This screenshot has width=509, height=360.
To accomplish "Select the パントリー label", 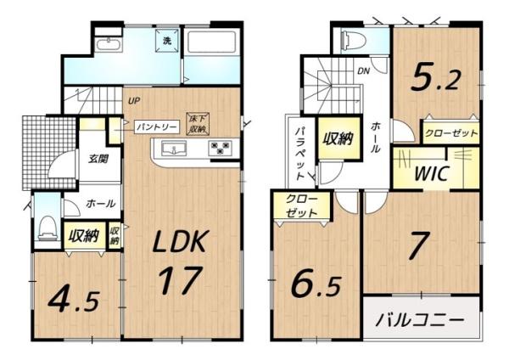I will (157, 127).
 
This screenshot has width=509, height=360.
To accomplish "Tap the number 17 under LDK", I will (179, 278).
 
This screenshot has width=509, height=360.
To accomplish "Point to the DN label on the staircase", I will (364, 71).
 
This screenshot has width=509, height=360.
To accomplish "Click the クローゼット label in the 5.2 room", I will (450, 133).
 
